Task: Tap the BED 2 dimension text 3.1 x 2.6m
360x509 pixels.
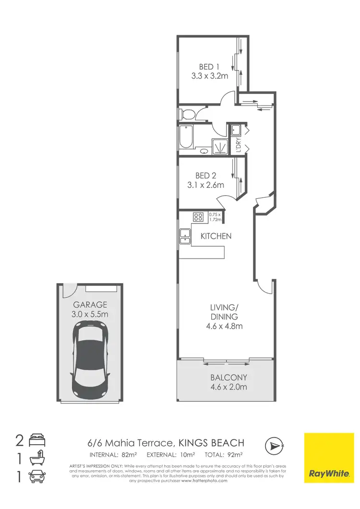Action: coord(209,185)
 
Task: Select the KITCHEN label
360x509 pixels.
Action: coord(216,236)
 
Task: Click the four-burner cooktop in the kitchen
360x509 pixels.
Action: coord(199,217)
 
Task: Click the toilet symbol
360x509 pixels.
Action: coord(187,114)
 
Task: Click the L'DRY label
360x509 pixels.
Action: coord(239,144)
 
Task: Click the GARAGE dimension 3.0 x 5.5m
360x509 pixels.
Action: coord(90,314)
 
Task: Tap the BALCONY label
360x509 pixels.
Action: coord(226,378)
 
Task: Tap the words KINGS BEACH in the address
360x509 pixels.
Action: coord(212,443)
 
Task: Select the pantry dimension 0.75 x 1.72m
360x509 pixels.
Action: coord(216,217)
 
